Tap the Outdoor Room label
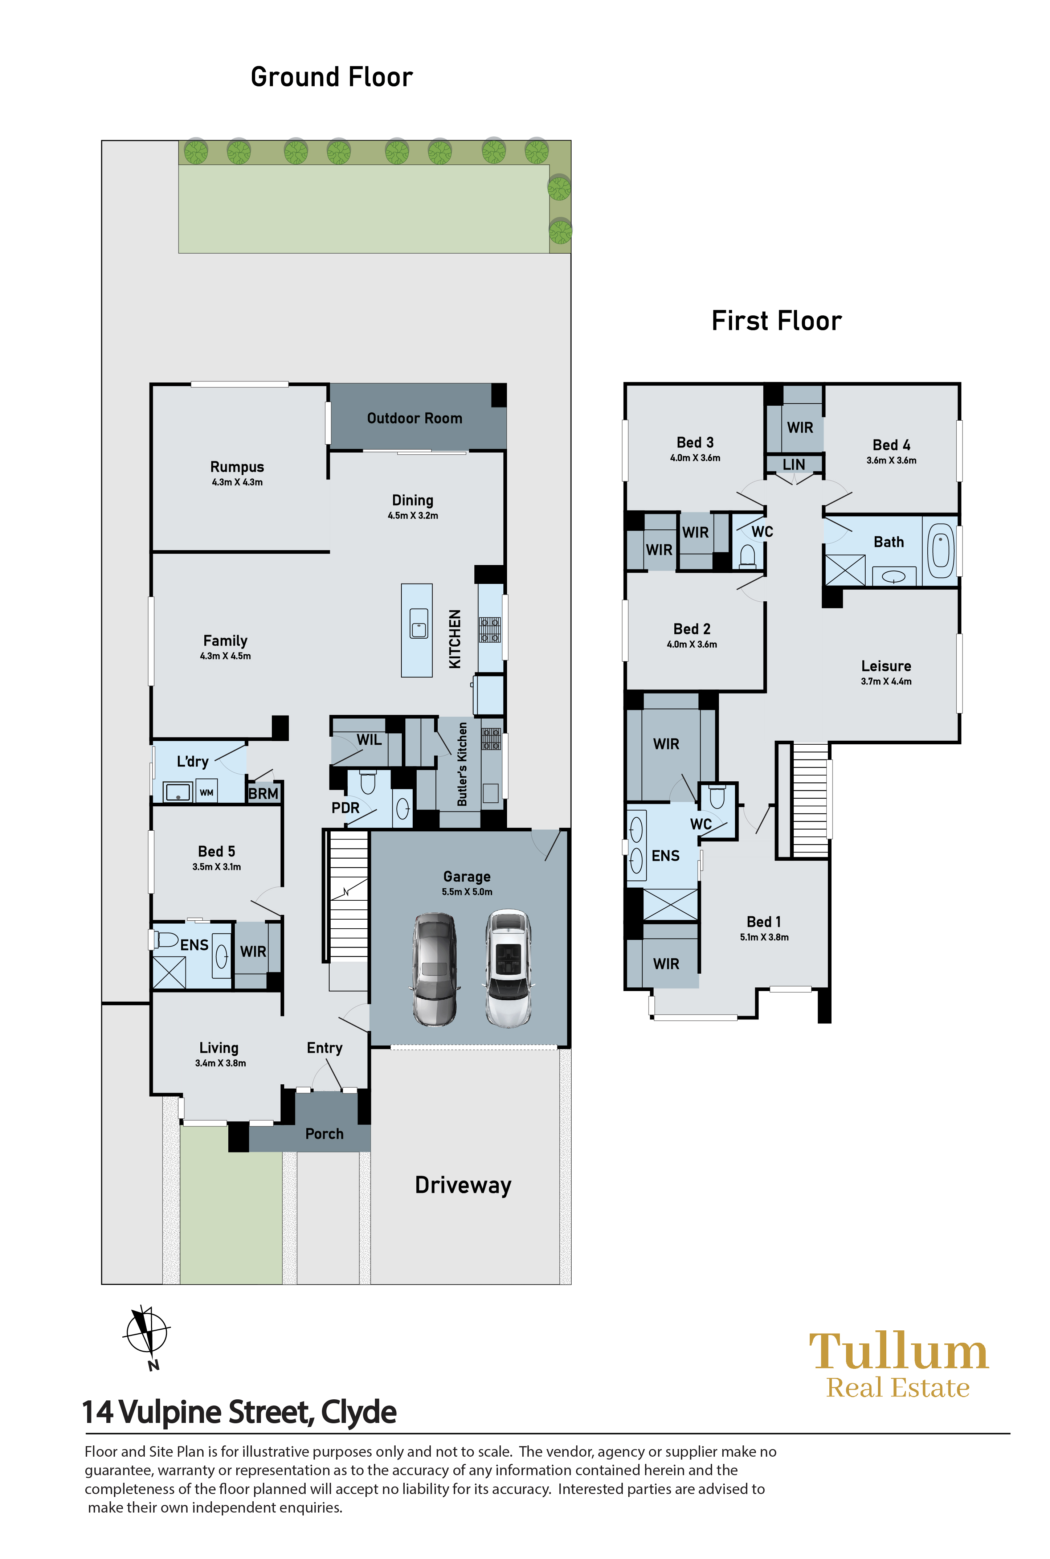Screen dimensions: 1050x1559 click(414, 418)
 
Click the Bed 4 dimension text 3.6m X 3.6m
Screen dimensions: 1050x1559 click(891, 461)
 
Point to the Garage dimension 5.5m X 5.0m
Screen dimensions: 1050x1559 click(467, 892)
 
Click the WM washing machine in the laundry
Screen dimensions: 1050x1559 click(206, 793)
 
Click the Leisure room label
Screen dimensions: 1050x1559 click(886, 666)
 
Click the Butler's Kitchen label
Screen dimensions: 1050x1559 click(462, 764)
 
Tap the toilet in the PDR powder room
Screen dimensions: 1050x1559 click(368, 781)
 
